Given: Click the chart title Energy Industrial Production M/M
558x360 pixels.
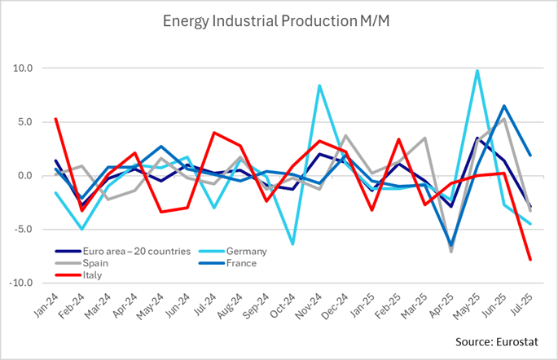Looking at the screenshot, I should pyautogui.click(x=279, y=20).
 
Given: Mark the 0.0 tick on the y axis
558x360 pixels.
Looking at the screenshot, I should pyautogui.click(x=24, y=176).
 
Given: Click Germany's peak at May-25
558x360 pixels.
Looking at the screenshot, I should pyautogui.click(x=477, y=71).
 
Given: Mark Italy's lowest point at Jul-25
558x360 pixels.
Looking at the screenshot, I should pyautogui.click(x=530, y=260).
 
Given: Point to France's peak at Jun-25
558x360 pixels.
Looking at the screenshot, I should pyautogui.click(x=504, y=106).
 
